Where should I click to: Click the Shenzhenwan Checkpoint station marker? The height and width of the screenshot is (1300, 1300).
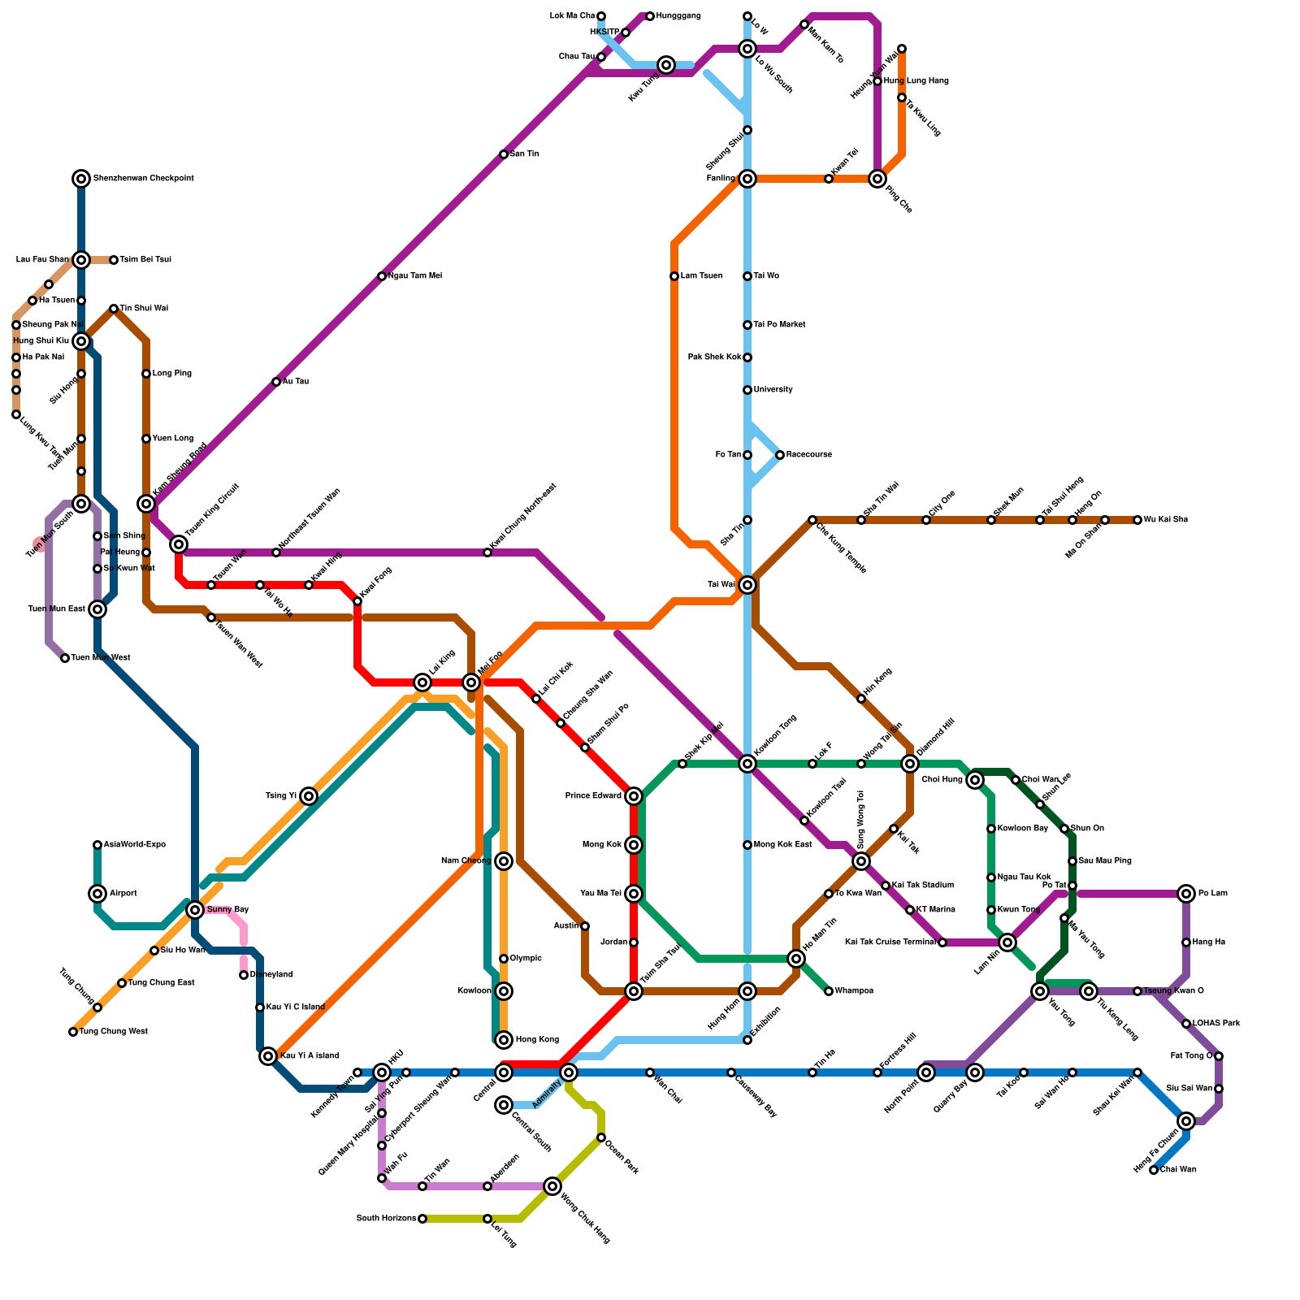point(81,179)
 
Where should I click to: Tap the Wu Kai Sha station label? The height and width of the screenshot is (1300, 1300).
point(1165,520)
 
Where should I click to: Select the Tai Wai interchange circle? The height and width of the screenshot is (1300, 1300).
point(747,585)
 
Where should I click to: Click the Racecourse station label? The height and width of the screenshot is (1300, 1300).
point(808,455)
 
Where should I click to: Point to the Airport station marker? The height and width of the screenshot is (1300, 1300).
point(97,894)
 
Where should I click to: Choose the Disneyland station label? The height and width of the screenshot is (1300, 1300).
point(271,975)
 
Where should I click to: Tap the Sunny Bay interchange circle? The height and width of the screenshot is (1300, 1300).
point(195,910)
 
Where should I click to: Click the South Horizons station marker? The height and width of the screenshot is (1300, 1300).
point(422,1219)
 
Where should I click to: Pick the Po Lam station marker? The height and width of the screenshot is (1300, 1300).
point(1186,894)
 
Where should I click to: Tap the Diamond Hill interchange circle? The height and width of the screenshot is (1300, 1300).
point(910,764)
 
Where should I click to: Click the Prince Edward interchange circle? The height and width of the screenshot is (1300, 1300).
point(634,796)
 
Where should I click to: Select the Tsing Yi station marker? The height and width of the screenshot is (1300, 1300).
point(309,796)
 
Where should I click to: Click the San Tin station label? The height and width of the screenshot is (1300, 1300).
point(524,154)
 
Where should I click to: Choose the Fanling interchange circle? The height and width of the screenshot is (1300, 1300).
point(747,179)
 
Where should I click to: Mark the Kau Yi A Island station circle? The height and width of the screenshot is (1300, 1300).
point(268,1056)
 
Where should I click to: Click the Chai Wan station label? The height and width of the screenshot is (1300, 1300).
point(1177,1170)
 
